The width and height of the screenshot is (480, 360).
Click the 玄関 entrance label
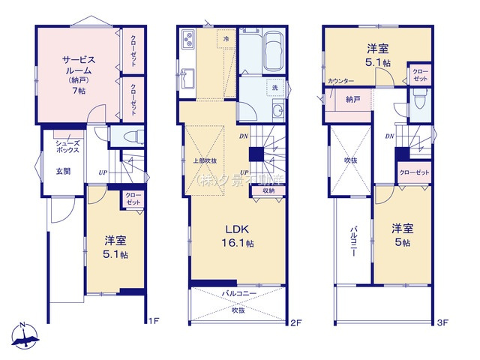pos(63,170)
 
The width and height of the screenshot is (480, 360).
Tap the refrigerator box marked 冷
pos(225,38)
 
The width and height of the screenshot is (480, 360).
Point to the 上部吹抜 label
pos(204,160)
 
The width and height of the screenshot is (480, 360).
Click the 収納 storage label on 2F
pos(269,190)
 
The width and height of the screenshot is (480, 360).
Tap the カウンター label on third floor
pos(340,80)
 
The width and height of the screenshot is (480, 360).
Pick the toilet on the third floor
pos(421,103)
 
